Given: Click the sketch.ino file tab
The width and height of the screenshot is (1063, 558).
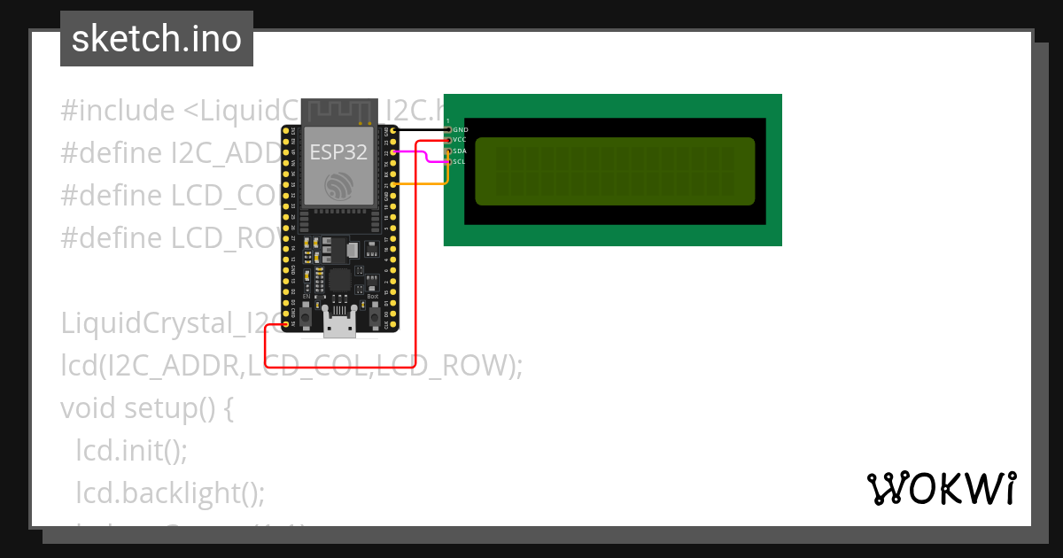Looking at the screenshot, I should pyautogui.click(x=157, y=39).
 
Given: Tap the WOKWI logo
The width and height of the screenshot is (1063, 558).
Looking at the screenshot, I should pyautogui.click(x=941, y=488).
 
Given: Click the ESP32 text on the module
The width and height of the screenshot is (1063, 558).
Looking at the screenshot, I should pyautogui.click(x=338, y=151).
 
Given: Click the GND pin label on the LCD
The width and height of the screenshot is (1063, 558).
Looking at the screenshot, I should pyautogui.click(x=461, y=130).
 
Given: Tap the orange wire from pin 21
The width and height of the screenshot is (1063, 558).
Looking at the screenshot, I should pyautogui.click(x=422, y=184).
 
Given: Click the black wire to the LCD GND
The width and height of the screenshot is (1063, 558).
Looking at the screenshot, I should pyautogui.click(x=422, y=130).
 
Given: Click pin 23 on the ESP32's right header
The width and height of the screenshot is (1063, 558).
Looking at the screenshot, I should pyautogui.click(x=393, y=141).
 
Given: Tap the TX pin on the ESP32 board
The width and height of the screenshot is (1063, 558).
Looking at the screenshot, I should pyautogui.click(x=393, y=163).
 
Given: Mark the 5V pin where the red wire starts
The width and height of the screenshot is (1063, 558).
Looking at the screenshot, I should pyautogui.click(x=285, y=324).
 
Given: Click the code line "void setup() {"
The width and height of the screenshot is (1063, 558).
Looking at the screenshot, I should pyautogui.click(x=146, y=408).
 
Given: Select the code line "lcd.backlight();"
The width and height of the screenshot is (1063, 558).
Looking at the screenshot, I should pyautogui.click(x=170, y=492).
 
